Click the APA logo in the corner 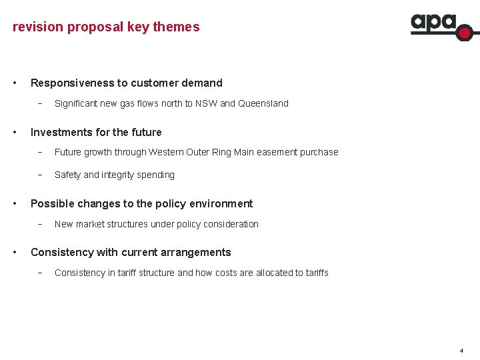coord(440,26)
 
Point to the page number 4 coord(461,350)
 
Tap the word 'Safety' coord(67,175)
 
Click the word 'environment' coord(222,203)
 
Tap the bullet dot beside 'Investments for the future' coord(16,132)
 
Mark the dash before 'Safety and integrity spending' coord(40,175)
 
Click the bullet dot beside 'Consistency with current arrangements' coord(16,252)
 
